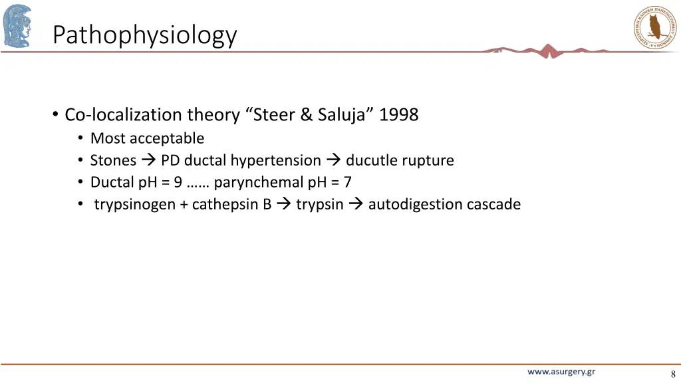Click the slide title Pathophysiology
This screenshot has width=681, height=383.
(x=144, y=35)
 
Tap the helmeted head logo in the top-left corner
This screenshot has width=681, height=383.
(x=17, y=25)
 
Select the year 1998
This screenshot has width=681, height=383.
(x=398, y=115)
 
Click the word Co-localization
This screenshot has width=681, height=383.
(x=123, y=115)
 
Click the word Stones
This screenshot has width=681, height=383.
(x=113, y=160)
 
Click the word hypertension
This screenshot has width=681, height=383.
(x=275, y=160)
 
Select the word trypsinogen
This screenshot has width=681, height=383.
(x=134, y=204)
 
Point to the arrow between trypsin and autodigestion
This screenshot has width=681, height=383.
(x=355, y=204)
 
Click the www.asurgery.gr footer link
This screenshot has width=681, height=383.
(x=561, y=372)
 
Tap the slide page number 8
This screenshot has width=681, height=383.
(x=673, y=374)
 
